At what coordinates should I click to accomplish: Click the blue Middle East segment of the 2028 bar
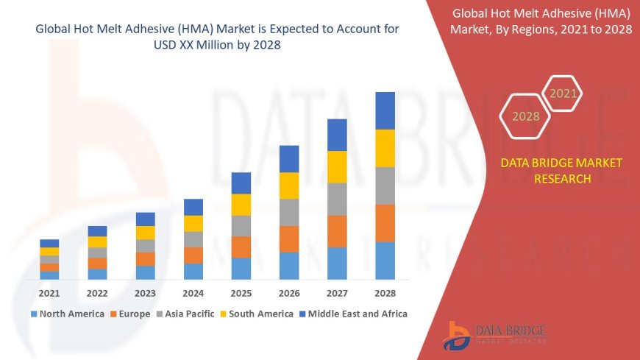(x=385, y=110)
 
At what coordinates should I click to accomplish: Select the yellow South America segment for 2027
(x=337, y=166)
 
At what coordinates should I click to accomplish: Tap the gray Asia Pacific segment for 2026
(x=289, y=212)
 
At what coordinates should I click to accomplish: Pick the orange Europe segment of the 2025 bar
(x=241, y=247)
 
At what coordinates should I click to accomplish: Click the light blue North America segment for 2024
(x=193, y=271)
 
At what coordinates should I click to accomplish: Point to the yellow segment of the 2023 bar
(x=146, y=233)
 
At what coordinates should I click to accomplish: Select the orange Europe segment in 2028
(x=385, y=223)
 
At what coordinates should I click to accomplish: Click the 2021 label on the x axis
(x=49, y=293)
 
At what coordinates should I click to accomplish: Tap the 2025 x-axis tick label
(x=241, y=293)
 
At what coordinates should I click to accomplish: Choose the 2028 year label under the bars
(x=385, y=293)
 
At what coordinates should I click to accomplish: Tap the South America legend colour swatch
(x=224, y=314)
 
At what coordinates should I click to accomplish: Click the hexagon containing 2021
(x=563, y=93)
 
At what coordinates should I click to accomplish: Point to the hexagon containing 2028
(x=525, y=116)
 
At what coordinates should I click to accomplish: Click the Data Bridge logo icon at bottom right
(x=458, y=335)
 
